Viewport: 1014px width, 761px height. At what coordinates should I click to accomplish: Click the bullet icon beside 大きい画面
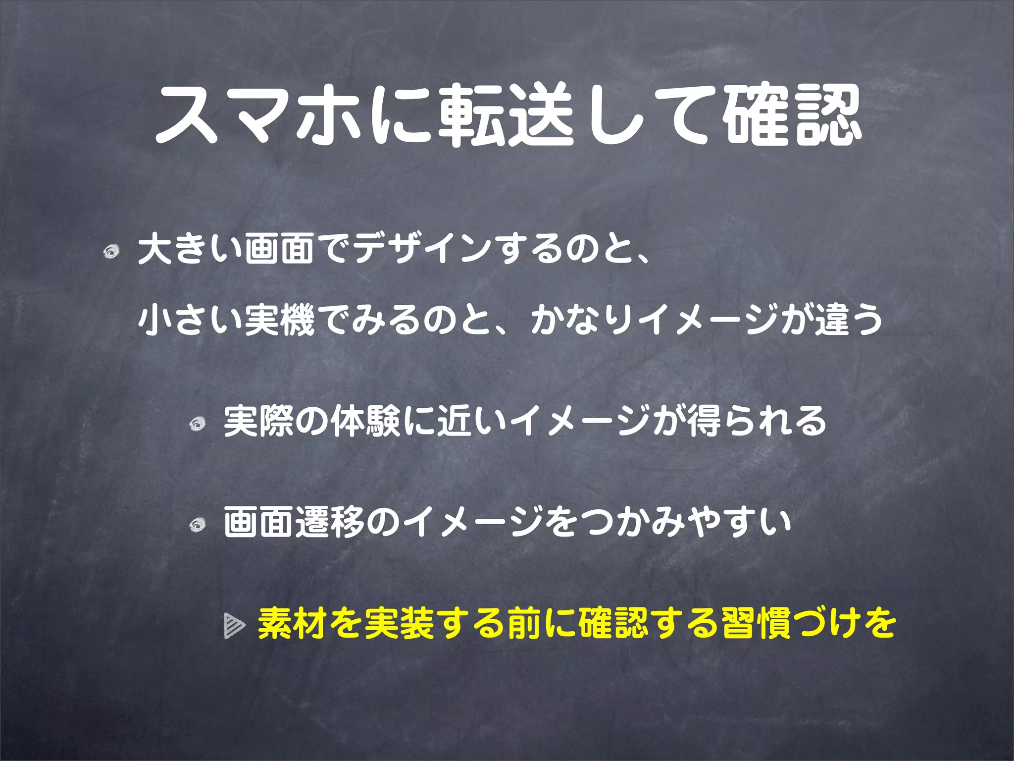click(111, 251)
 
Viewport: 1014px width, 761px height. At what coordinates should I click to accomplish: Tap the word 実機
click(280, 320)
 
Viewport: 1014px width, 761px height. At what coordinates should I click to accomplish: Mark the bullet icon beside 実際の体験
click(198, 424)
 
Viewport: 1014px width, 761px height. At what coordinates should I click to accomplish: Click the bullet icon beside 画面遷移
click(198, 525)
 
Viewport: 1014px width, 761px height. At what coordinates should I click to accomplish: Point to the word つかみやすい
click(683, 523)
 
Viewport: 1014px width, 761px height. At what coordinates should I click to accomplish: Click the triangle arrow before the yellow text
click(234, 625)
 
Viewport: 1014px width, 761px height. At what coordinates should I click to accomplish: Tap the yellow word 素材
click(293, 623)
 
